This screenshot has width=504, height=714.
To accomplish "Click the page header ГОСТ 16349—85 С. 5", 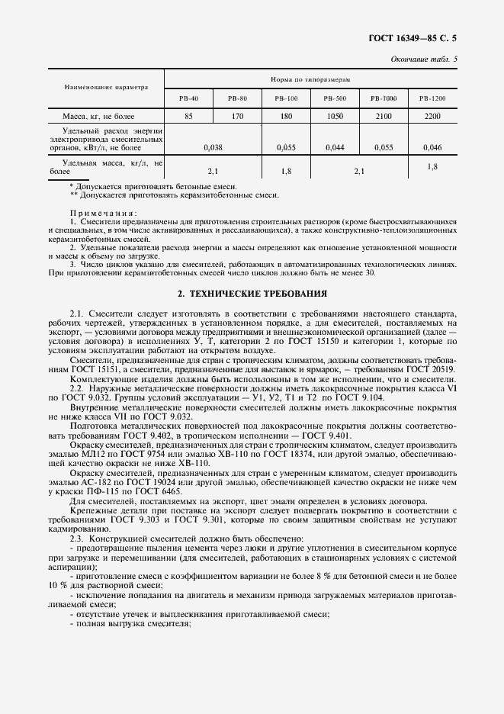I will coord(422,36).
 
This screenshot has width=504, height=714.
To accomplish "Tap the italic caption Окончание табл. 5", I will coord(429,59).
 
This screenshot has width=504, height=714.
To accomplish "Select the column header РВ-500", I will coord(335,98).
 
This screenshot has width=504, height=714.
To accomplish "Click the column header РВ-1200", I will coord(432,98).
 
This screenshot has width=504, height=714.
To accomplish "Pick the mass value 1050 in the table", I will coord(335,117).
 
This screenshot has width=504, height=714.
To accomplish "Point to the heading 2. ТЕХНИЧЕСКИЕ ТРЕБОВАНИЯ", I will coord(252,293).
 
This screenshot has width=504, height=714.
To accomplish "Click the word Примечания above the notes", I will coord(103,212).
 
